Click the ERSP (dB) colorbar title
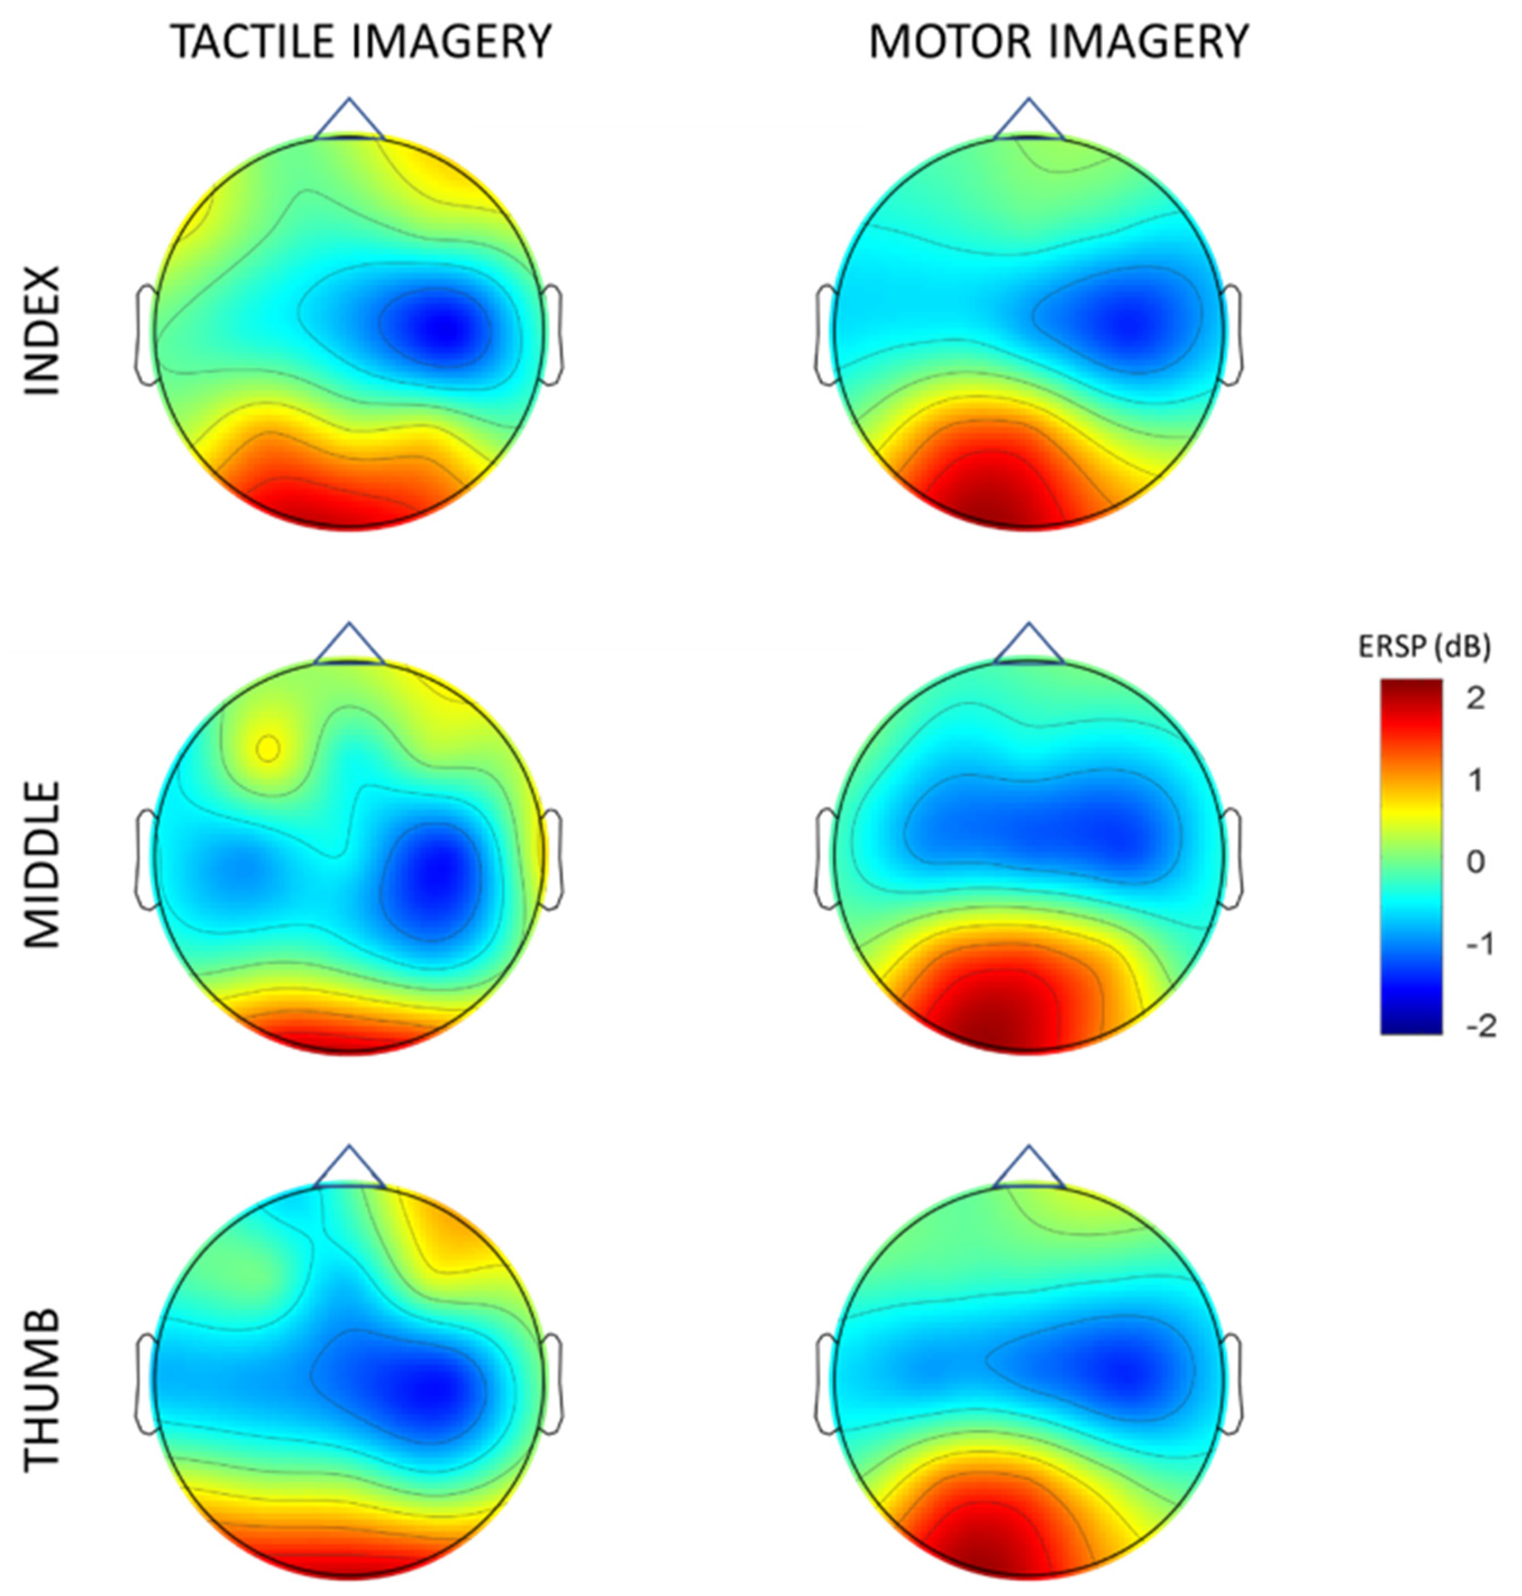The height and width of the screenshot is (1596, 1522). tap(1424, 647)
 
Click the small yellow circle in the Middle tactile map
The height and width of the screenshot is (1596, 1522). tap(268, 748)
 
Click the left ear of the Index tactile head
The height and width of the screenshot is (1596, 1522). tap(146, 334)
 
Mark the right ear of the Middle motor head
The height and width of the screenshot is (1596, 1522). tap(1232, 859)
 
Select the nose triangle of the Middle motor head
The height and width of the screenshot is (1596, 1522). tap(1029, 644)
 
